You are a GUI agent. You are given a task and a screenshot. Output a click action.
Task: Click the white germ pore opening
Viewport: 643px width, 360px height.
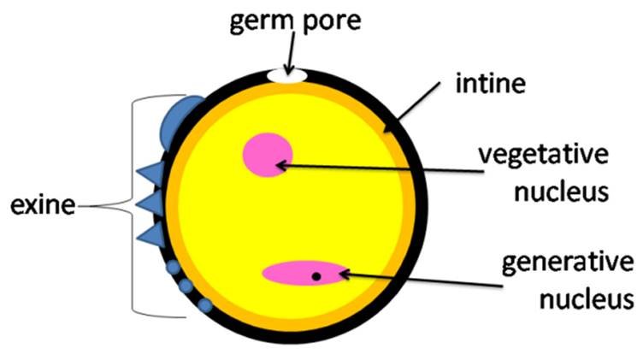(x=287, y=76)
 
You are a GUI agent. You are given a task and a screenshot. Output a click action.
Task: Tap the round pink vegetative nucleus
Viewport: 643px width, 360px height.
(x=268, y=155)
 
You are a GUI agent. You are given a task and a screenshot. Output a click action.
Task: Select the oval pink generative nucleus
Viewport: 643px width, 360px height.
(x=304, y=273)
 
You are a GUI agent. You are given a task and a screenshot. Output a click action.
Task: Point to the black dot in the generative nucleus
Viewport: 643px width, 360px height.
(x=316, y=276)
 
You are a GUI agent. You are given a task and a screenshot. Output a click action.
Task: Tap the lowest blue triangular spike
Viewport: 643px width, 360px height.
(x=152, y=235)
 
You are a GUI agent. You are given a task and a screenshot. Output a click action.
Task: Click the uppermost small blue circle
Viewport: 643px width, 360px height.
(x=173, y=268)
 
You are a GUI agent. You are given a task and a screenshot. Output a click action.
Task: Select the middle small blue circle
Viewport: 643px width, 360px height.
(x=186, y=286)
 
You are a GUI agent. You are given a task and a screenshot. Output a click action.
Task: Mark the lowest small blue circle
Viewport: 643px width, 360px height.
(x=205, y=305)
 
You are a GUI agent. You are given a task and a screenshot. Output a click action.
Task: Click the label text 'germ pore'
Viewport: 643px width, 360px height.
(x=295, y=21)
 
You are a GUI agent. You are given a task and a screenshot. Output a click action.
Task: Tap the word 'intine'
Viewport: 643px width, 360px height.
(x=491, y=83)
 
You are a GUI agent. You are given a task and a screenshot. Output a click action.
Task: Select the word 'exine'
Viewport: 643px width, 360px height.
(x=43, y=205)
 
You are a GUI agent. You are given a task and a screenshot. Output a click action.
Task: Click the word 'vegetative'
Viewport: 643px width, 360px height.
(x=544, y=156)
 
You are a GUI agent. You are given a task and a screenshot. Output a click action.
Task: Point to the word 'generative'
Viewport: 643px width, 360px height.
(x=569, y=263)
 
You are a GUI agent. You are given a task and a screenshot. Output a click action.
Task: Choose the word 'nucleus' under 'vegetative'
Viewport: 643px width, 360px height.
(x=562, y=192)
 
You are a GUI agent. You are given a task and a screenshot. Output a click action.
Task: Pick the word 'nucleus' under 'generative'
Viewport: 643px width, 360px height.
(x=587, y=299)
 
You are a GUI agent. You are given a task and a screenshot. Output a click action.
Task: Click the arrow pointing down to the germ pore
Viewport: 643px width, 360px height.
(x=292, y=52)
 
